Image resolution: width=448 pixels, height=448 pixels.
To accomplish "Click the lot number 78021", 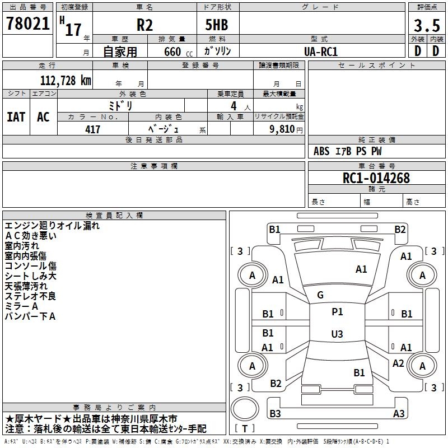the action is [27, 23].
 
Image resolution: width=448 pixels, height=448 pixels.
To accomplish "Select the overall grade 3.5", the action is [427, 25].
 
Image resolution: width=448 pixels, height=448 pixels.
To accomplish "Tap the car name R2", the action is [144, 25].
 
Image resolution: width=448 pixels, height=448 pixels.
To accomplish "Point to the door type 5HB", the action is [217, 25].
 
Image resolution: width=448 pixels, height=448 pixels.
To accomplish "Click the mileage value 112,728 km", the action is [66, 81].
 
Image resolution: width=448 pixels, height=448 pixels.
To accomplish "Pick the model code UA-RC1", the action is [320, 52].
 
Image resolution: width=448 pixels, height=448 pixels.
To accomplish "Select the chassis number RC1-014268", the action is [376, 178].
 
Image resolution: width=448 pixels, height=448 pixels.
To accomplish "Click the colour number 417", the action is [92, 129].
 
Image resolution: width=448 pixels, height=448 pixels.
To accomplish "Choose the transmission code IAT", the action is [16, 117].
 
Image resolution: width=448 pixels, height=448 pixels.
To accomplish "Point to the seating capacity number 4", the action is [234, 106].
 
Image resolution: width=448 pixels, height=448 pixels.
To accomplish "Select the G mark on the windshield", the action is [320, 295].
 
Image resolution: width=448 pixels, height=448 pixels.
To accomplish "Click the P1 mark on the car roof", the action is [337, 312].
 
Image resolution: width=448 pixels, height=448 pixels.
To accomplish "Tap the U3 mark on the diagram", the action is [337, 334].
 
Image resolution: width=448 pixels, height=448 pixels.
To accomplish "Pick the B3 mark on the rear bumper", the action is [275, 413].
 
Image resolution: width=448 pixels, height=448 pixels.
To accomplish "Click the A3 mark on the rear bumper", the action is [399, 413].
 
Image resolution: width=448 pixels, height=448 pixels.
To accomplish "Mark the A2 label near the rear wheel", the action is [398, 363].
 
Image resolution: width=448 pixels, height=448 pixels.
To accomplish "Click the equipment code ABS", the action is [321, 151].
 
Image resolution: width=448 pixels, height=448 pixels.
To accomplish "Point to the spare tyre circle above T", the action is [245, 408].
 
